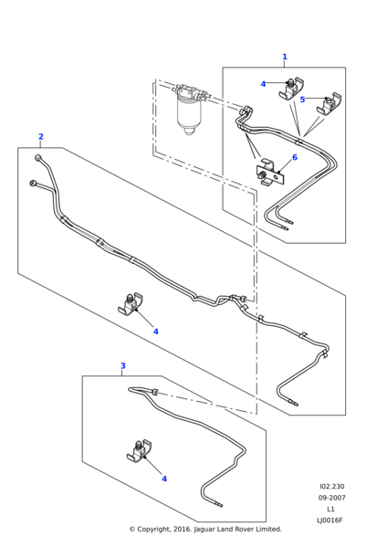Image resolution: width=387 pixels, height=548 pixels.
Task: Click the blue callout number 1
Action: [x=285, y=57]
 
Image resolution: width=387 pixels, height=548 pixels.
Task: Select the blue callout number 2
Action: [x=41, y=137]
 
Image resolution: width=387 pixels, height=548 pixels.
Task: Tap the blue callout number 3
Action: [x=123, y=366]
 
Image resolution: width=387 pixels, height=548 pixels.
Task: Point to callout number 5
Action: [x=302, y=100]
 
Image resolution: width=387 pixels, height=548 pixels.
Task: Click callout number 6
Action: [x=295, y=158]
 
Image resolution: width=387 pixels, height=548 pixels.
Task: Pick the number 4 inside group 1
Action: [x=264, y=84]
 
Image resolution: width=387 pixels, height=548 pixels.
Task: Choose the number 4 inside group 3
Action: [x=164, y=479]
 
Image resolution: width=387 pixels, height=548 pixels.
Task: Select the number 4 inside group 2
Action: [x=156, y=332]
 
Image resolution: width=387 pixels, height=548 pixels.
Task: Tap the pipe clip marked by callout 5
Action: [x=329, y=104]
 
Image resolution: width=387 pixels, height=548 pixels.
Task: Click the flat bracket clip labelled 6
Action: [x=269, y=174]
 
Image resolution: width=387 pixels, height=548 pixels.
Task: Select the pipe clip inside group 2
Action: [x=131, y=303]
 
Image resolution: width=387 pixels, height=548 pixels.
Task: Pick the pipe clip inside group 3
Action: [x=140, y=450]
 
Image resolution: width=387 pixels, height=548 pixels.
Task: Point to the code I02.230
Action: [x=332, y=487]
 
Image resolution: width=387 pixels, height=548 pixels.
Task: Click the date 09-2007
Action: [x=331, y=498]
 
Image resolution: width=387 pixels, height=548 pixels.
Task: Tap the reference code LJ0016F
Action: [x=329, y=520]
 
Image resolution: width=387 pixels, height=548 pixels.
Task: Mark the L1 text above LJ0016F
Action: [x=330, y=509]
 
